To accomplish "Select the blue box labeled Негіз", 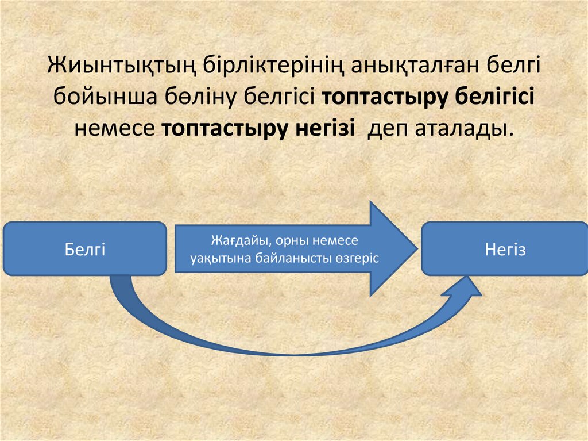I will [x=505, y=250].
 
